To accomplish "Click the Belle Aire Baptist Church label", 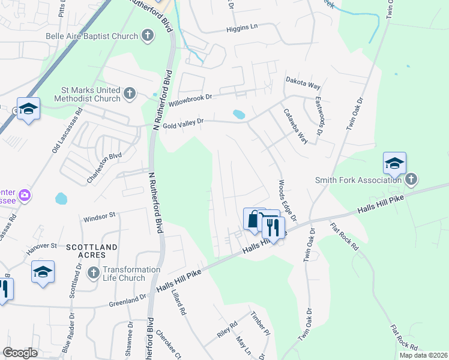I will tap(92, 36).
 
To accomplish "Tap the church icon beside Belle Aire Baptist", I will tap(148, 36).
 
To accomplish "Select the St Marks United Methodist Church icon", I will tap(130, 94).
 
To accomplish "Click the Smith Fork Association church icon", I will tap(411, 179).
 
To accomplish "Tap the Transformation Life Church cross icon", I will tap(93, 274).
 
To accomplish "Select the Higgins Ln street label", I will tap(242, 28).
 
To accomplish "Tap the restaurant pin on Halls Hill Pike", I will tap(273, 227).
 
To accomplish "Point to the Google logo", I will tap(20, 353).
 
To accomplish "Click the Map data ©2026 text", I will tap(423, 355).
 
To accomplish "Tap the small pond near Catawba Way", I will tap(238, 113).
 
